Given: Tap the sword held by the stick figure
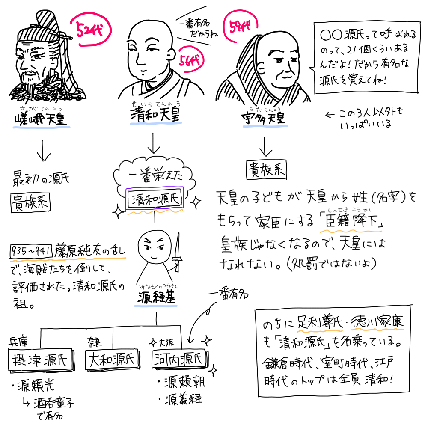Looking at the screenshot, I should pos(177,252).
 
